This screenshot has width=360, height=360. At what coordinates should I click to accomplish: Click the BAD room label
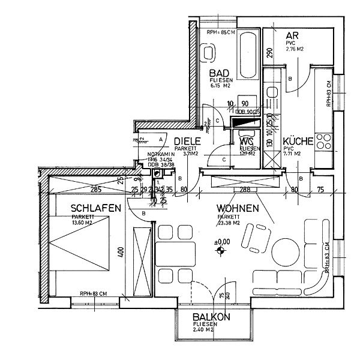(x=219, y=72)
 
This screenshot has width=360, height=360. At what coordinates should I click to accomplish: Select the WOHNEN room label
(x=238, y=208)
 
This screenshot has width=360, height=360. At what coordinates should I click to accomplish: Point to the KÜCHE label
(x=298, y=142)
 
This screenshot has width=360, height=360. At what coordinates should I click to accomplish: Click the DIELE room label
(x=187, y=142)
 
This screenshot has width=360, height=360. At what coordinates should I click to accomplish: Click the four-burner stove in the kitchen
(x=323, y=143)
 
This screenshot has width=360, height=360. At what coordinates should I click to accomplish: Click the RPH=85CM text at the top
(x=220, y=32)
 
